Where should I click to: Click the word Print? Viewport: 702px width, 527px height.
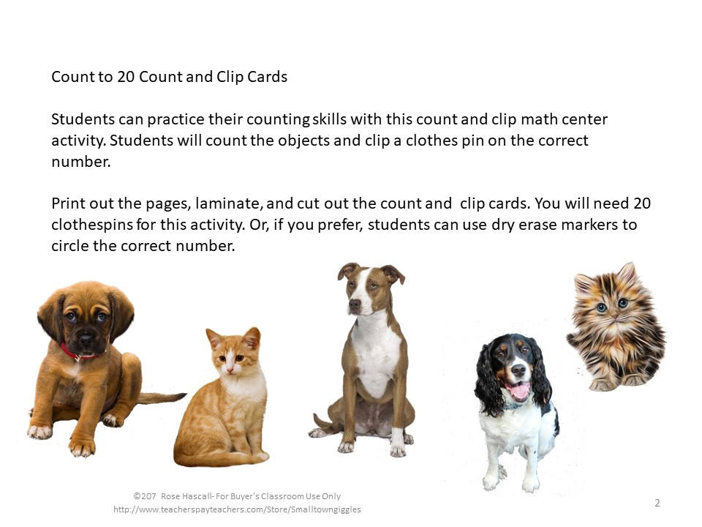tap(67, 203)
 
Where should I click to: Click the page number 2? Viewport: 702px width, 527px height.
tap(657, 503)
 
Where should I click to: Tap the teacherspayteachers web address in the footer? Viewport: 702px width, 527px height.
tap(237, 509)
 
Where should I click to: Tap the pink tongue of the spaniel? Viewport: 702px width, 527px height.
tap(518, 392)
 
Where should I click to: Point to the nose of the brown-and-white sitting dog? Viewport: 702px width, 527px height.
tap(355, 303)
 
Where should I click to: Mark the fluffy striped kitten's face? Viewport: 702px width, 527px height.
tap(611, 304)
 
